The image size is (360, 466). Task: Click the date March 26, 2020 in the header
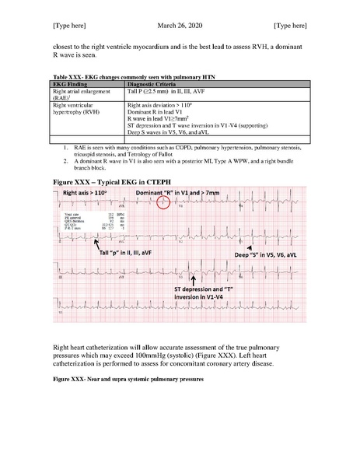click(180, 25)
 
